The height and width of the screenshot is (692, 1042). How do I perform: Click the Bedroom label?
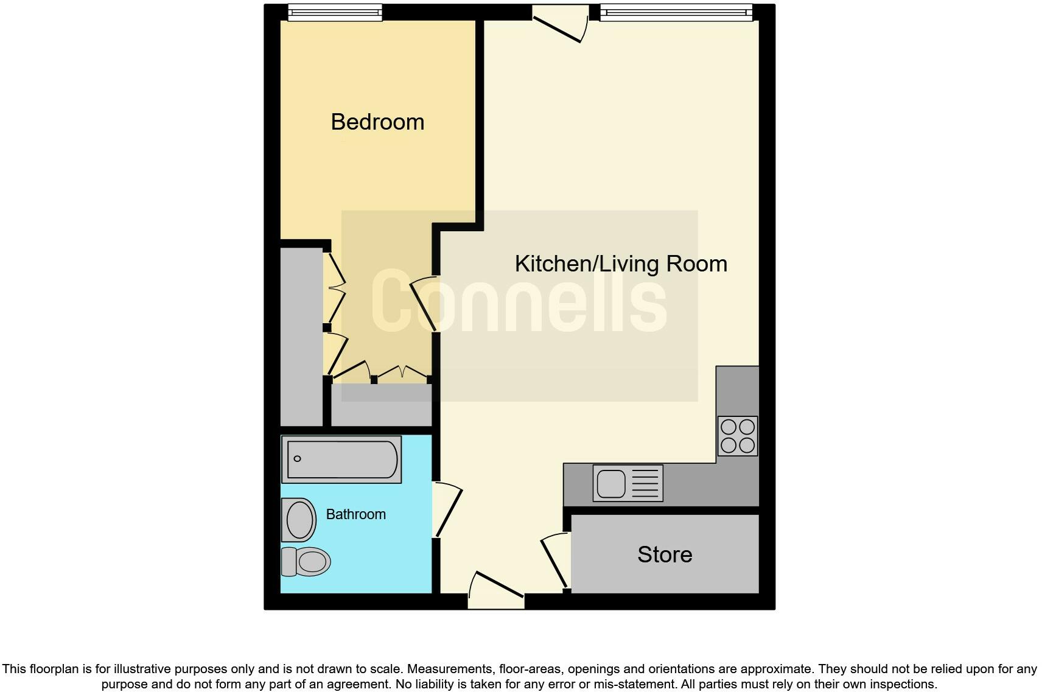(x=377, y=122)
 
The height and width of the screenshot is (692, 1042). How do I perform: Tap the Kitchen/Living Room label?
(x=621, y=264)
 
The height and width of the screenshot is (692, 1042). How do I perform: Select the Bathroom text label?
(x=356, y=514)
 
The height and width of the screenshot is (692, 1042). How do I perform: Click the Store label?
(x=665, y=554)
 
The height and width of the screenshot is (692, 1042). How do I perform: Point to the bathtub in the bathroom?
(x=341, y=459)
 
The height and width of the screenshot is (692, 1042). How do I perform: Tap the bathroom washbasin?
(x=299, y=520)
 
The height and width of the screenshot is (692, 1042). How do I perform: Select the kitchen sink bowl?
(x=611, y=484)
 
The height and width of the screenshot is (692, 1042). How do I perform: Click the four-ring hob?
(x=738, y=436)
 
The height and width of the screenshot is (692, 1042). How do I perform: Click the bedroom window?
(x=335, y=13)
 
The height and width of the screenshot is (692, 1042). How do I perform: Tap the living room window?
(x=676, y=13)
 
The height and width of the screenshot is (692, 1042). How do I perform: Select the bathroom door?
(x=447, y=510)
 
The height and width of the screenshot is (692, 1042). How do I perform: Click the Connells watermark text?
(x=519, y=302)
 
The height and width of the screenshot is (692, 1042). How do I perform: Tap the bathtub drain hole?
(x=298, y=458)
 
